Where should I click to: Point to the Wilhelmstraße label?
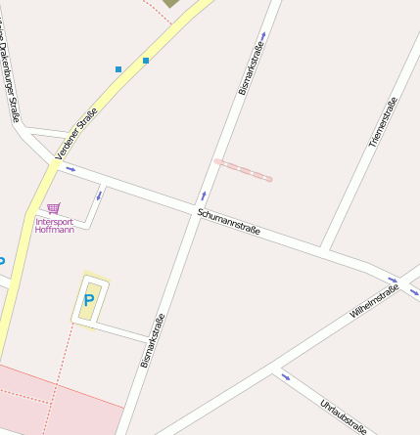point(374,302)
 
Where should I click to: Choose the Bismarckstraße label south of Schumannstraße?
point(152,339)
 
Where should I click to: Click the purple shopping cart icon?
point(53,207)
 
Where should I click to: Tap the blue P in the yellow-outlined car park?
point(89,300)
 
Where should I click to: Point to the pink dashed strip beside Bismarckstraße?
point(243,170)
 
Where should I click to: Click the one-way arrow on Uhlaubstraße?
point(286,376)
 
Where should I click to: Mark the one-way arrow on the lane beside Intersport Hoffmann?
point(98,196)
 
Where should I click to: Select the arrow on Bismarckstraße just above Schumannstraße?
point(204,196)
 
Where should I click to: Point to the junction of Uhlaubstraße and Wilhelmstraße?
point(273,370)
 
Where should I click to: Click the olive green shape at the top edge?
point(171,3)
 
